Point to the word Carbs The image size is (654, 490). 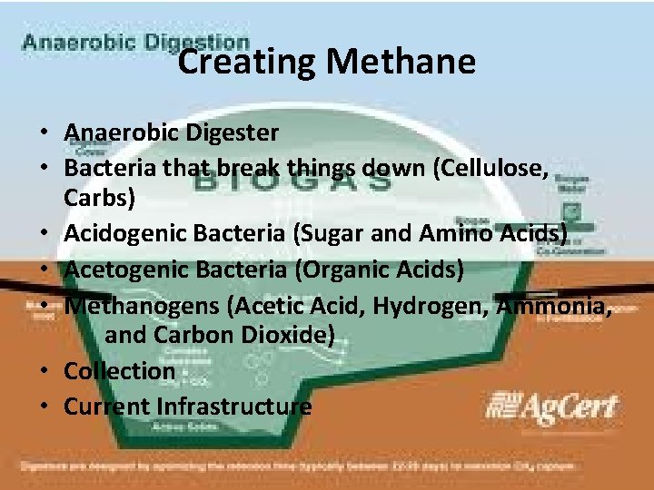[x=98, y=198]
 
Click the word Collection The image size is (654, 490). [x=119, y=370]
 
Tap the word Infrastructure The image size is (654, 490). [x=233, y=406]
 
